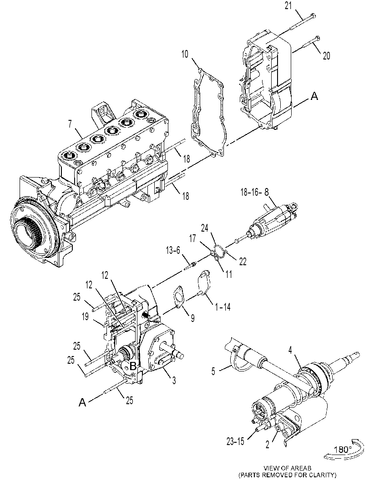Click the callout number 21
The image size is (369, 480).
(288, 5)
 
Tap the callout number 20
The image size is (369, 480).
(326, 56)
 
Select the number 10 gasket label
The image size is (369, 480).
(185, 54)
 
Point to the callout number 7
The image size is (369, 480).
(70, 124)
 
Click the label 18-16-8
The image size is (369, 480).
(255, 192)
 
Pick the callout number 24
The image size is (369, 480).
(205, 228)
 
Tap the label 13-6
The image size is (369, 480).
(173, 250)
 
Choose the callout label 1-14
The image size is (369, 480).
(223, 307)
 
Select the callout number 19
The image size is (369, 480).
(85, 317)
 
